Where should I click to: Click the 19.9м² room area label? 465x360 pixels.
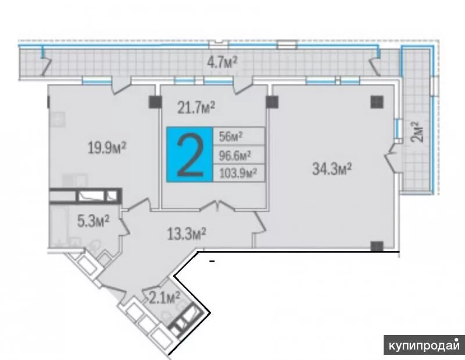[107, 148]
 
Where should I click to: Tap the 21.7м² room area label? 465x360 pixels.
[196, 108]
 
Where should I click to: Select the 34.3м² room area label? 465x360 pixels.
[332, 169]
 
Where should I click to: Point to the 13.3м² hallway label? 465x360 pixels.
[187, 234]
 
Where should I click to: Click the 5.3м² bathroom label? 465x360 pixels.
[94, 221]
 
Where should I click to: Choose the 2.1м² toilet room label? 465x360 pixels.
[164, 298]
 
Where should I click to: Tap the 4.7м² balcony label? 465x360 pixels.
[222, 62]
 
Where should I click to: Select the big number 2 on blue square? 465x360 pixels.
[190, 155]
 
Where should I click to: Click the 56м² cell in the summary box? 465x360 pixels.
[231, 136]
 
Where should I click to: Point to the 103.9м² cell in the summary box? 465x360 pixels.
[238, 173]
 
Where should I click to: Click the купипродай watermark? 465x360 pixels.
[424, 345]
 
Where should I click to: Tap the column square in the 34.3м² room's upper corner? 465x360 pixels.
[377, 102]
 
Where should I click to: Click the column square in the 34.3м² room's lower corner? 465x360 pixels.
[377, 247]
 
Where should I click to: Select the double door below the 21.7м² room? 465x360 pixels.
[219, 206]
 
